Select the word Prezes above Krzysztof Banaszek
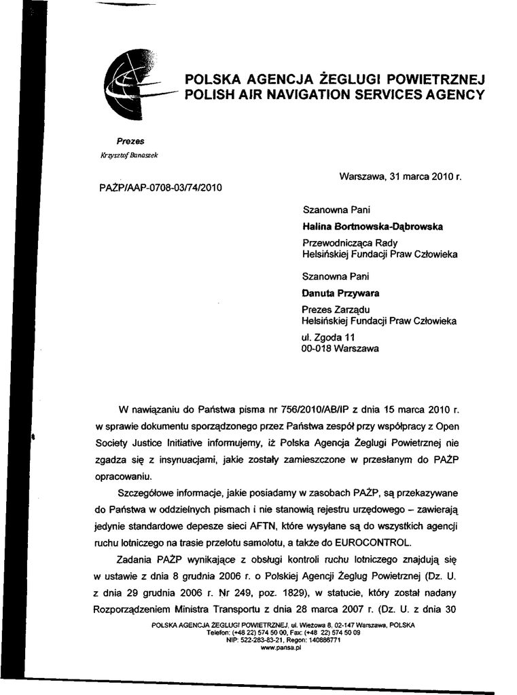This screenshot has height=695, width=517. click(130, 141)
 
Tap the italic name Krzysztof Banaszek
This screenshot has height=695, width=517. click(129, 155)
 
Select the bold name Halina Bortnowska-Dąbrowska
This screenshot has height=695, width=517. click(372, 227)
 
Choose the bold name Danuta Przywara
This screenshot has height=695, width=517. click(340, 293)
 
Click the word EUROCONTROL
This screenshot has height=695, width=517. click(377, 542)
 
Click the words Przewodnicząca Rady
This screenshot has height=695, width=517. click(350, 242)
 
